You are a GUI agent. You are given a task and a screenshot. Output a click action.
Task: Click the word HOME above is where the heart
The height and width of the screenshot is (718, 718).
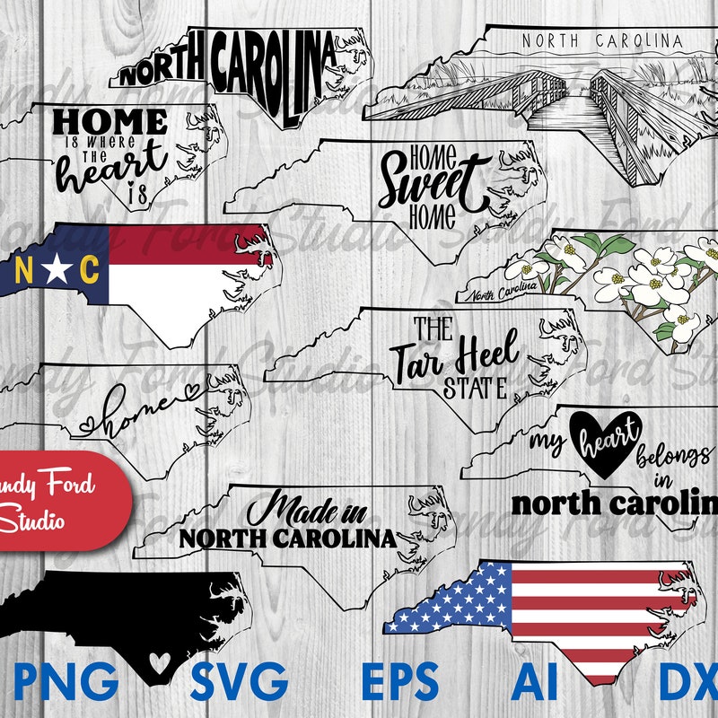click(110, 123)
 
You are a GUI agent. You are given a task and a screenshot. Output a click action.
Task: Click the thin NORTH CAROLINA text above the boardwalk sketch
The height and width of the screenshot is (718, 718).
click(601, 40)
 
